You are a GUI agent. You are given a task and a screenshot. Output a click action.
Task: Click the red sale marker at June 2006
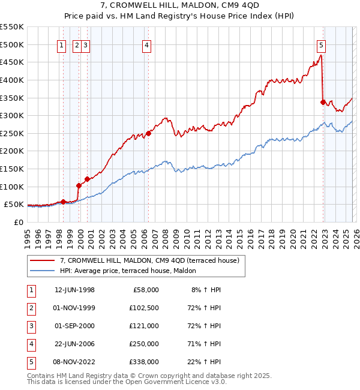148,133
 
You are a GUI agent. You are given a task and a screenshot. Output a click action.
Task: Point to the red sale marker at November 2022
323,102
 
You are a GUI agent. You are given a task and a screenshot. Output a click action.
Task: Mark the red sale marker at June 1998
63,202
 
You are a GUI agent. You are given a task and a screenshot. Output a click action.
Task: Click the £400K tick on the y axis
11,80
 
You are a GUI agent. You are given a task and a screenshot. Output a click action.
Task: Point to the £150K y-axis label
11,169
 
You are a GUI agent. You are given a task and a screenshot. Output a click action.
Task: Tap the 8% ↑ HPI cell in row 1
206,290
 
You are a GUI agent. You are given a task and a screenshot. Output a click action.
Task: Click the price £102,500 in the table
143,308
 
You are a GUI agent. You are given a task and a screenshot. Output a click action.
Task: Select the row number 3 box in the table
31,326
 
